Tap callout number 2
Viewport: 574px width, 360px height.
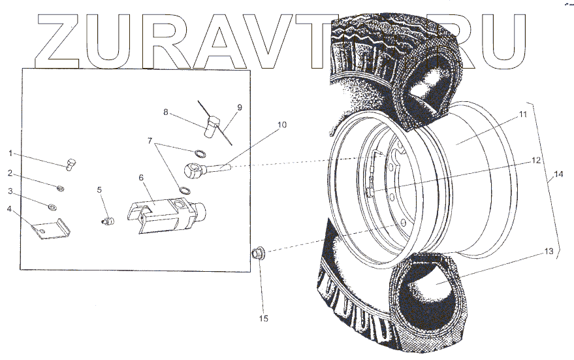(x=10, y=172)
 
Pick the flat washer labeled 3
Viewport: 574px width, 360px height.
(x=52, y=207)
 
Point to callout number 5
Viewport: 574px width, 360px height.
(x=100, y=189)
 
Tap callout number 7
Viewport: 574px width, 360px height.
(x=151, y=140)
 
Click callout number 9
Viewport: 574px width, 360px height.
(x=239, y=106)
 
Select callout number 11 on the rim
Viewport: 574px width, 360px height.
(x=522, y=114)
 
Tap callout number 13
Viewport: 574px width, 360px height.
(x=549, y=252)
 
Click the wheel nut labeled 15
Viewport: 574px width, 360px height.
(x=257, y=252)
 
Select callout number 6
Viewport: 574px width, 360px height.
(x=140, y=178)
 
